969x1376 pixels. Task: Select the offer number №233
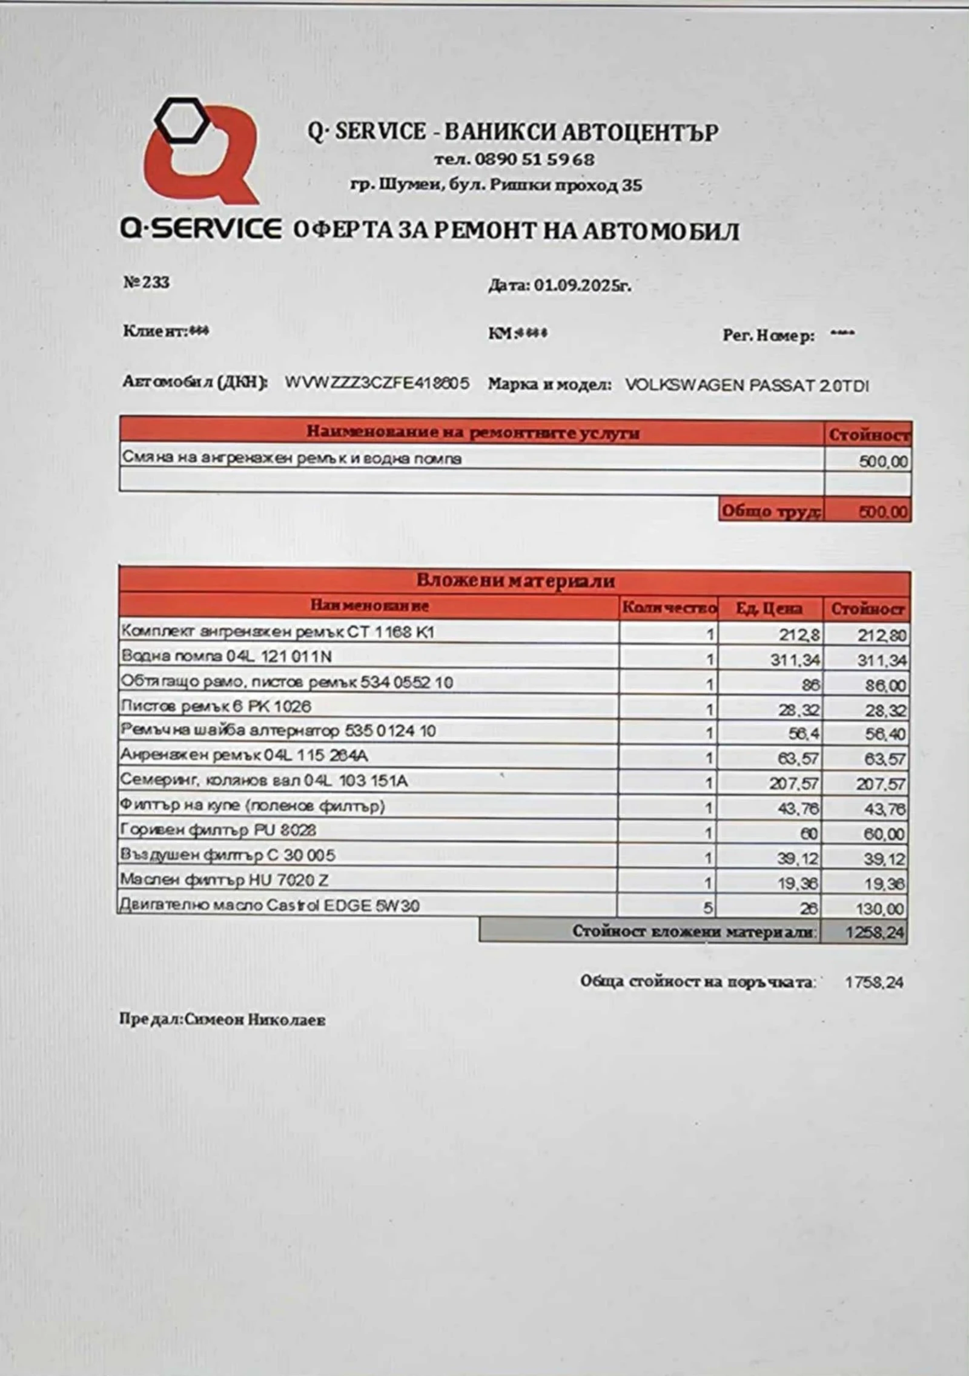coord(146,283)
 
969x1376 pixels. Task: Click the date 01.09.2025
coord(581,286)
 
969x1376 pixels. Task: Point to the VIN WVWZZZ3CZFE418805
coord(377,383)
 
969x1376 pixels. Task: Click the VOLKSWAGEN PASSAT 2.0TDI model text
coord(747,385)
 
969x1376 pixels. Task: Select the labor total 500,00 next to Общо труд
coord(884,512)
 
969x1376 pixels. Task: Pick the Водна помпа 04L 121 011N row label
coord(227,657)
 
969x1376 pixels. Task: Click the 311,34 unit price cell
coord(795,660)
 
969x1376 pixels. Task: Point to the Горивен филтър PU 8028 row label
coord(218,830)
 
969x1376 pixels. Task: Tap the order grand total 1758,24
coord(874,982)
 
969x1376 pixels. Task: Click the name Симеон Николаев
coord(255,1020)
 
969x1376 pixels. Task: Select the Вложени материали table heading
coord(515,581)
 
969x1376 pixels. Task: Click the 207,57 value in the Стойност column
coord(881,785)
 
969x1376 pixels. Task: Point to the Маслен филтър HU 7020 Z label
coord(224,880)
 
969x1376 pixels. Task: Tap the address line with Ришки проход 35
coord(496,185)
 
